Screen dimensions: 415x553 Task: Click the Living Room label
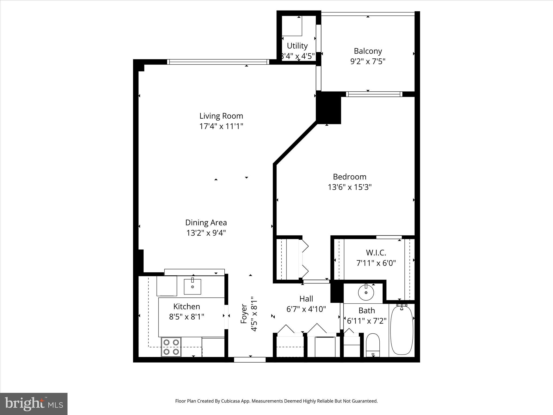point(221,116)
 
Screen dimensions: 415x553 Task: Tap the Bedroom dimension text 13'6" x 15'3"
point(350,187)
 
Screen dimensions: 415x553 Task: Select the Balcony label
point(368,51)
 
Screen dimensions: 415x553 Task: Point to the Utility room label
point(297,46)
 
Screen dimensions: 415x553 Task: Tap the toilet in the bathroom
point(373,346)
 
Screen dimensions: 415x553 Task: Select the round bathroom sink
point(366,292)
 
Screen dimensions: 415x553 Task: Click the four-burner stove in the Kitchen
point(171,347)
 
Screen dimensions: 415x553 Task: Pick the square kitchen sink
point(193,287)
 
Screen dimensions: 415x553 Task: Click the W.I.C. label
point(376,253)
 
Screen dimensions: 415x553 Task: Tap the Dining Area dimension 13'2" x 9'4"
point(206,233)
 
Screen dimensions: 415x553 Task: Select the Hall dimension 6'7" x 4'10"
point(306,309)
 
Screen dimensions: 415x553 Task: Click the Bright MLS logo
point(34,404)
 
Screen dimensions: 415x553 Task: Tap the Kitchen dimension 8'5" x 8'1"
point(187,316)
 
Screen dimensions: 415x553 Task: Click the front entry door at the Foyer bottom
point(250,360)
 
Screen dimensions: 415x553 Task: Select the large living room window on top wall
point(218,62)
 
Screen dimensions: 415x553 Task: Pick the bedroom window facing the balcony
point(374,94)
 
